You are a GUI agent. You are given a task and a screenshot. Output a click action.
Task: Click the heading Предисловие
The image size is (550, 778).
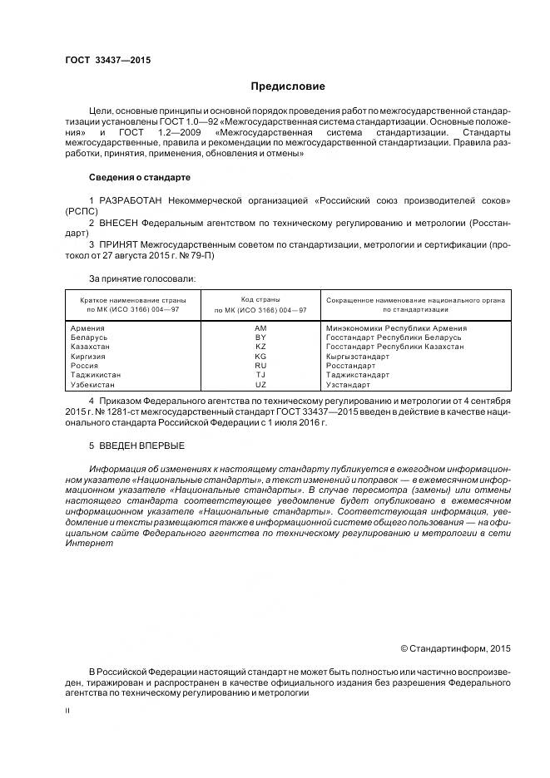click(289, 86)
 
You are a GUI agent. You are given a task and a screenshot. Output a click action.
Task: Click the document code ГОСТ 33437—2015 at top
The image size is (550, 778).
click(107, 61)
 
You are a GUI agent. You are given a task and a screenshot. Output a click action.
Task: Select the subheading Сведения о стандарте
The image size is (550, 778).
click(140, 177)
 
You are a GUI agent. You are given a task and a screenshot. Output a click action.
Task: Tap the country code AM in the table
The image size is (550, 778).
click(260, 328)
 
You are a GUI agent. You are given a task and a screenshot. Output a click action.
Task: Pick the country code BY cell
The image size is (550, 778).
click(260, 337)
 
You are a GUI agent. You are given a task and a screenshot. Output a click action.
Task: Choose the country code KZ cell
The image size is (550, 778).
click(260, 347)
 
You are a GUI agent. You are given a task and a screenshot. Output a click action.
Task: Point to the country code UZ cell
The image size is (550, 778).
click(260, 385)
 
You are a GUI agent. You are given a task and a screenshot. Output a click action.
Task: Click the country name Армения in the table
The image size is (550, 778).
click(89, 328)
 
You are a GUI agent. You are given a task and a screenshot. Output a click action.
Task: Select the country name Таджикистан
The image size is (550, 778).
click(97, 375)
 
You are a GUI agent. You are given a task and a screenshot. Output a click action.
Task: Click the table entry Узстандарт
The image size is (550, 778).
click(349, 385)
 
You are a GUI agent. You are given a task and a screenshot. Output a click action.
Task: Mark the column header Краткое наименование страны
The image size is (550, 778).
click(133, 299)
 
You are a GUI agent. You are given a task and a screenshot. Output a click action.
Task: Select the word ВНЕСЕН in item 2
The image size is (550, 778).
click(119, 224)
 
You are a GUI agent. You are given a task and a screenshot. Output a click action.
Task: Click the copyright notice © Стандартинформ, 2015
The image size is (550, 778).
click(455, 647)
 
